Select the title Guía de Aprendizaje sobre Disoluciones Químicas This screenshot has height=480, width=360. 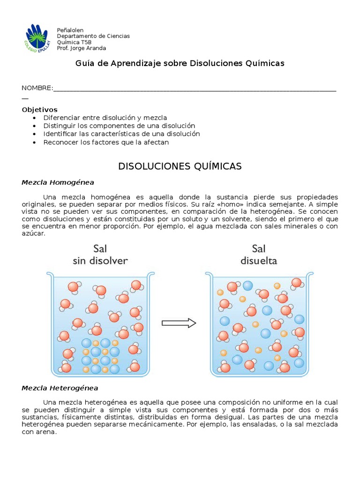[x=180, y=63]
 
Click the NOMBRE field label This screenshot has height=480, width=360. [x=37, y=89]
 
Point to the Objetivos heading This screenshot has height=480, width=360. [x=39, y=109]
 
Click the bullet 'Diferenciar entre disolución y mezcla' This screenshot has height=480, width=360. [x=105, y=118]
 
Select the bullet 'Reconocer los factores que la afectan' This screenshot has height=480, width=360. [x=106, y=142]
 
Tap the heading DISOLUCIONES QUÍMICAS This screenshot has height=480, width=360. [x=180, y=166]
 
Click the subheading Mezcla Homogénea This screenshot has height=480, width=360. [x=58, y=182]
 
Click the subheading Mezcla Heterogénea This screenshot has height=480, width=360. [x=60, y=388]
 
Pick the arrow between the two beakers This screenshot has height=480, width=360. [x=179, y=322]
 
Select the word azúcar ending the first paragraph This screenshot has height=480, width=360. [x=33, y=233]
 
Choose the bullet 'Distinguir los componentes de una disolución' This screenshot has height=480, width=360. [x=119, y=126]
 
